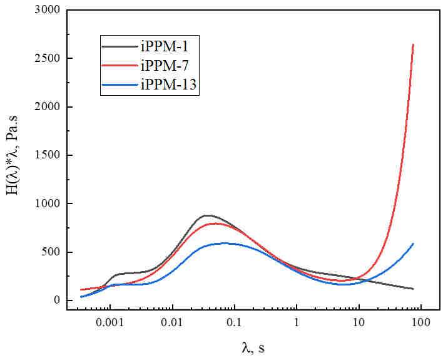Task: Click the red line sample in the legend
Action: click(120, 64)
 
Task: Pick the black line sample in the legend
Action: click(120, 46)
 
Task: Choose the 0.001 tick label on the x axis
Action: click(110, 326)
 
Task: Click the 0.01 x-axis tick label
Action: click(172, 326)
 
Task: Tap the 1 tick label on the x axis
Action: click(297, 326)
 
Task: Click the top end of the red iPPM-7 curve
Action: click(413, 44)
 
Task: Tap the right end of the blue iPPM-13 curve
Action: click(414, 244)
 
